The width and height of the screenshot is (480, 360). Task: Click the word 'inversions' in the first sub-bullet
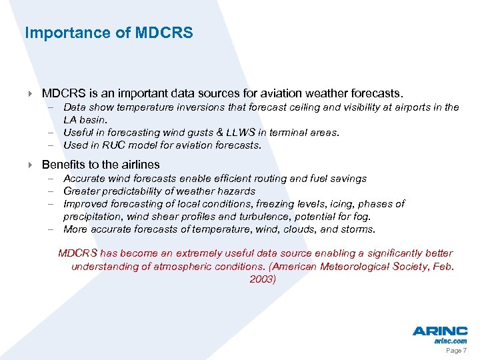coord(199,107)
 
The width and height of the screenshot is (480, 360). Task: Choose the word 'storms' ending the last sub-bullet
coord(358,229)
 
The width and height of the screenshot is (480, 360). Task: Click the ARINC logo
coord(440,331)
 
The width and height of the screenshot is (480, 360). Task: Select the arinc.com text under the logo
coord(451,341)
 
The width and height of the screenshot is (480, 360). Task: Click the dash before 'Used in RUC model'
coord(51,145)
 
